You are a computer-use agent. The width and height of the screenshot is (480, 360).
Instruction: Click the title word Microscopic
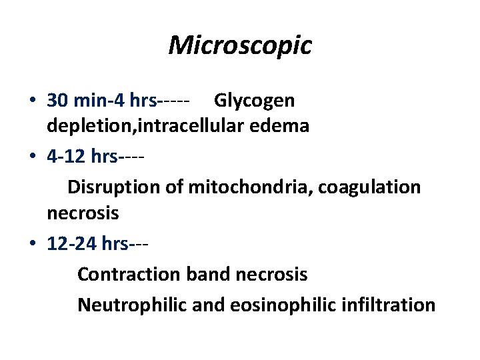(240, 45)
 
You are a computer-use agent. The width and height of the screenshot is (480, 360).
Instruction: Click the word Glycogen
(254, 101)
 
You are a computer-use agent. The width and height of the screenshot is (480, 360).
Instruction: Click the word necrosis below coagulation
(83, 213)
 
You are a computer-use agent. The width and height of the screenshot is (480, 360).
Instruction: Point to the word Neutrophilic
(133, 305)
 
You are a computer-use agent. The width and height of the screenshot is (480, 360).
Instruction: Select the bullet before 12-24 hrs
(33, 245)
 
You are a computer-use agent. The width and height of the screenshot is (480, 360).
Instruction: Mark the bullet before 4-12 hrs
(33, 157)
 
